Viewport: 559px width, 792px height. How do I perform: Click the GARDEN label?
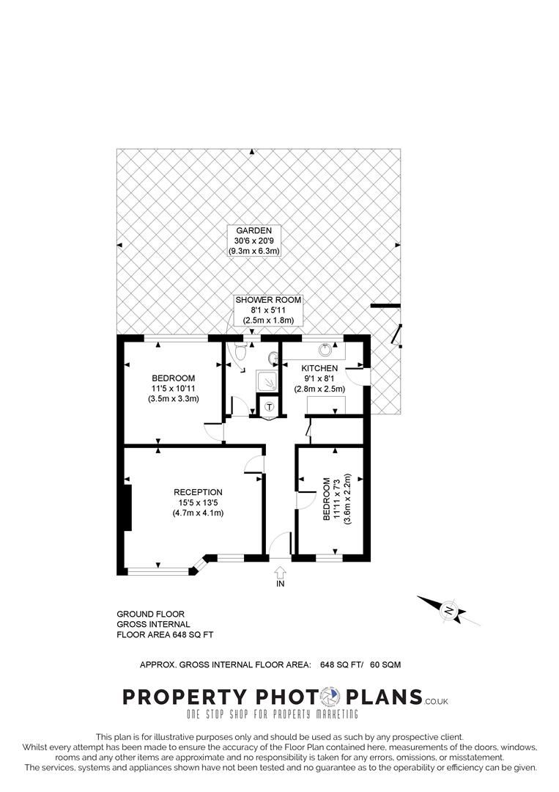click(x=253, y=230)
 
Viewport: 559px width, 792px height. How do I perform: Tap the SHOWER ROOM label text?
click(x=268, y=300)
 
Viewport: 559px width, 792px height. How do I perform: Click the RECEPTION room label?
click(x=198, y=492)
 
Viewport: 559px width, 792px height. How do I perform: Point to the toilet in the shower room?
click(x=237, y=353)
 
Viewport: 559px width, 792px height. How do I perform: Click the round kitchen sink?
click(x=325, y=349)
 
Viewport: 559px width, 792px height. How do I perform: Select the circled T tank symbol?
click(x=270, y=406)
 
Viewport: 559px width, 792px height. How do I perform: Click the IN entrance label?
click(x=280, y=584)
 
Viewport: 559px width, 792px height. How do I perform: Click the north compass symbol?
click(x=449, y=610)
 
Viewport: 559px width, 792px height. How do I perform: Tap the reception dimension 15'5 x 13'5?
click(x=198, y=502)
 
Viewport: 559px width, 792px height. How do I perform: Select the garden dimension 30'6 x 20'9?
click(x=253, y=241)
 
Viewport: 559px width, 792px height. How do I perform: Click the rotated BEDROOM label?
click(x=327, y=499)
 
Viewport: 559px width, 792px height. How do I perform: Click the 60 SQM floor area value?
click(x=385, y=664)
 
